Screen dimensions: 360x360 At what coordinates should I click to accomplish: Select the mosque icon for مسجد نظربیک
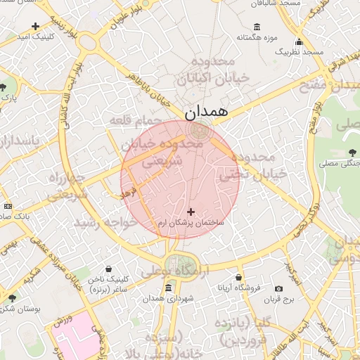click(x=300, y=41)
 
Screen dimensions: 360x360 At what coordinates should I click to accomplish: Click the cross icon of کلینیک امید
click(x=35, y=27)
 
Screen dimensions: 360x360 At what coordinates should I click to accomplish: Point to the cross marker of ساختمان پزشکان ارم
click(x=191, y=211)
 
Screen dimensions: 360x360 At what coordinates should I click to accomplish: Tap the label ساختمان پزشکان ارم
click(x=191, y=222)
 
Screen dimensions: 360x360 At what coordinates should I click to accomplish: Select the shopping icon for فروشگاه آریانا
click(x=239, y=278)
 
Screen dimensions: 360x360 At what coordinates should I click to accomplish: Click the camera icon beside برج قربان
click(x=279, y=288)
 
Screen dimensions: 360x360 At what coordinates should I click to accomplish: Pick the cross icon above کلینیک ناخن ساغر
click(x=109, y=268)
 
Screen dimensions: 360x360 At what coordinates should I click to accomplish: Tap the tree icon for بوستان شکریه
click(x=11, y=297)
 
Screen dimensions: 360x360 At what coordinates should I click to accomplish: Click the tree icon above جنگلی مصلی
click(x=352, y=153)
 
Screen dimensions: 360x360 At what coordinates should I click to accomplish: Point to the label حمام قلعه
click(x=129, y=122)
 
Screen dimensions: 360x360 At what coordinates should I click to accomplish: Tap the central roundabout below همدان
click(x=201, y=129)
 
